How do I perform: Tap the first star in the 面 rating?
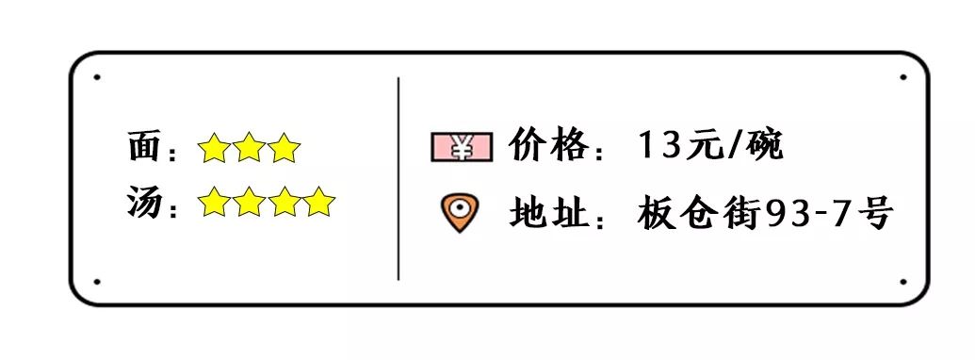pos(214,148)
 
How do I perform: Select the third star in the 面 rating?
pos(284,148)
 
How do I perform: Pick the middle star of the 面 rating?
pos(249,148)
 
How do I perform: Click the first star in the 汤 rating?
pos(214,202)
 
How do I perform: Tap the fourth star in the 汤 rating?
pos(319,202)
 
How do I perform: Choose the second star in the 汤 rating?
pos(249,202)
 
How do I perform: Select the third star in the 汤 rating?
pos(284,202)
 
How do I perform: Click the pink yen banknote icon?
pos(462,147)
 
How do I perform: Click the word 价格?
pos(549,146)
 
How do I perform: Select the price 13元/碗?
pos(710,146)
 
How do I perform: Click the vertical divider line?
pos(398,179)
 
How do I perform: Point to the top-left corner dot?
pos(97,77)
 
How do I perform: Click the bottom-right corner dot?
pos(902,281)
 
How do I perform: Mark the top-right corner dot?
pos(902,77)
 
